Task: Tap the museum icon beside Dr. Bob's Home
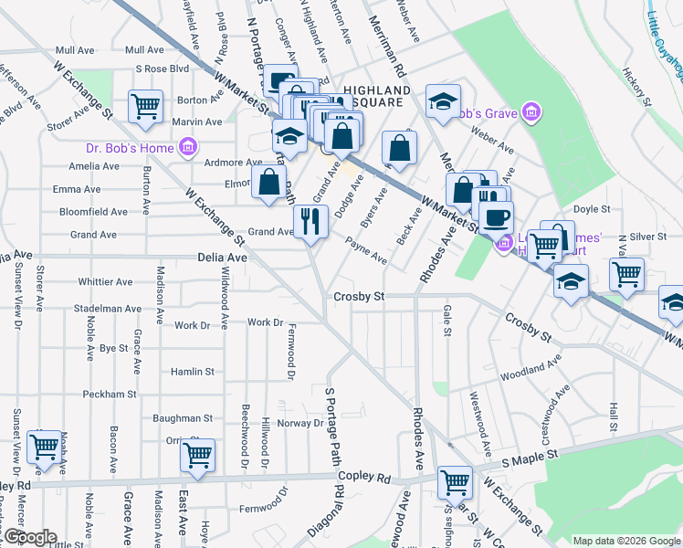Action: pos(188,146)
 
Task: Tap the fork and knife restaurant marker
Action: pos(310,221)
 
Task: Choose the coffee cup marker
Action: pos(497,218)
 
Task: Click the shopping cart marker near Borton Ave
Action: pos(145,107)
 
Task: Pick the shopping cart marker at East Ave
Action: pos(197,456)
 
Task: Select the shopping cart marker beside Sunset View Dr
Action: pos(44,448)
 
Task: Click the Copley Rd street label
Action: pos(363,478)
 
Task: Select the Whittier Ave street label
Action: pos(107,282)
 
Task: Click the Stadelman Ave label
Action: pos(109,309)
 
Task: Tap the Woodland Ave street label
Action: pos(534,369)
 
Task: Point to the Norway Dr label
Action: pos(300,423)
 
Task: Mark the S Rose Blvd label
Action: pos(162,68)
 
